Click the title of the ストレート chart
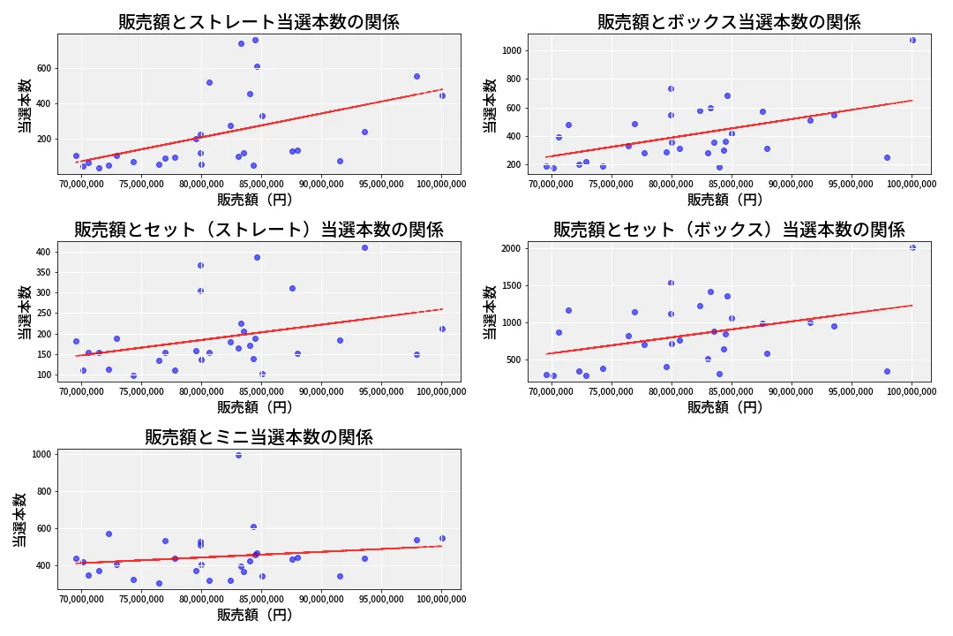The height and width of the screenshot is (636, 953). click(x=259, y=22)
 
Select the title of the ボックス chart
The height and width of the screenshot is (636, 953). click(x=729, y=22)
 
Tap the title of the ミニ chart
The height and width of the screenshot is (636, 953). click(x=259, y=437)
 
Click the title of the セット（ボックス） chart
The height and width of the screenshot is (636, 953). click(x=729, y=230)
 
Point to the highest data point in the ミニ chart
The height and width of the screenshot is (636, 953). click(x=238, y=455)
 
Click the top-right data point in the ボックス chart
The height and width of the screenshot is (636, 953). click(x=912, y=40)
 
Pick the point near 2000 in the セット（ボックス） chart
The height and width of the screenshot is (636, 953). click(x=912, y=247)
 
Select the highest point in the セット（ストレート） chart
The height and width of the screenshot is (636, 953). click(x=364, y=247)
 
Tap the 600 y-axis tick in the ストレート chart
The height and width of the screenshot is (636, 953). click(x=44, y=69)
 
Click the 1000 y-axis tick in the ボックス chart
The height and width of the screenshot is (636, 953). click(x=512, y=50)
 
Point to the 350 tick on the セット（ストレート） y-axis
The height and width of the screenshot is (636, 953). click(x=44, y=273)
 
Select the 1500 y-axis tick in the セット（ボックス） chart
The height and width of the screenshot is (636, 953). click(x=512, y=285)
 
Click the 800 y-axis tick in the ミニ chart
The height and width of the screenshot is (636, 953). click(x=44, y=492)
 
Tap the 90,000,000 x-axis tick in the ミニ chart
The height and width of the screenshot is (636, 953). click(x=321, y=599)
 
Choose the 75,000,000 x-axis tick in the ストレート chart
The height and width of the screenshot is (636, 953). click(x=141, y=184)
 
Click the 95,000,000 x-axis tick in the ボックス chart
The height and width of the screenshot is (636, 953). click(x=852, y=184)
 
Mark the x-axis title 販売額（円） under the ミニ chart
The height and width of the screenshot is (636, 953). click(x=255, y=615)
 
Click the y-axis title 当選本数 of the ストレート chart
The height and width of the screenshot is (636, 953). click(x=25, y=105)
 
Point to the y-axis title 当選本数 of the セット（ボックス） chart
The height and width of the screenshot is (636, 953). click(x=489, y=312)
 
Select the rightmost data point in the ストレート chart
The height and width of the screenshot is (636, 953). click(x=442, y=95)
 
